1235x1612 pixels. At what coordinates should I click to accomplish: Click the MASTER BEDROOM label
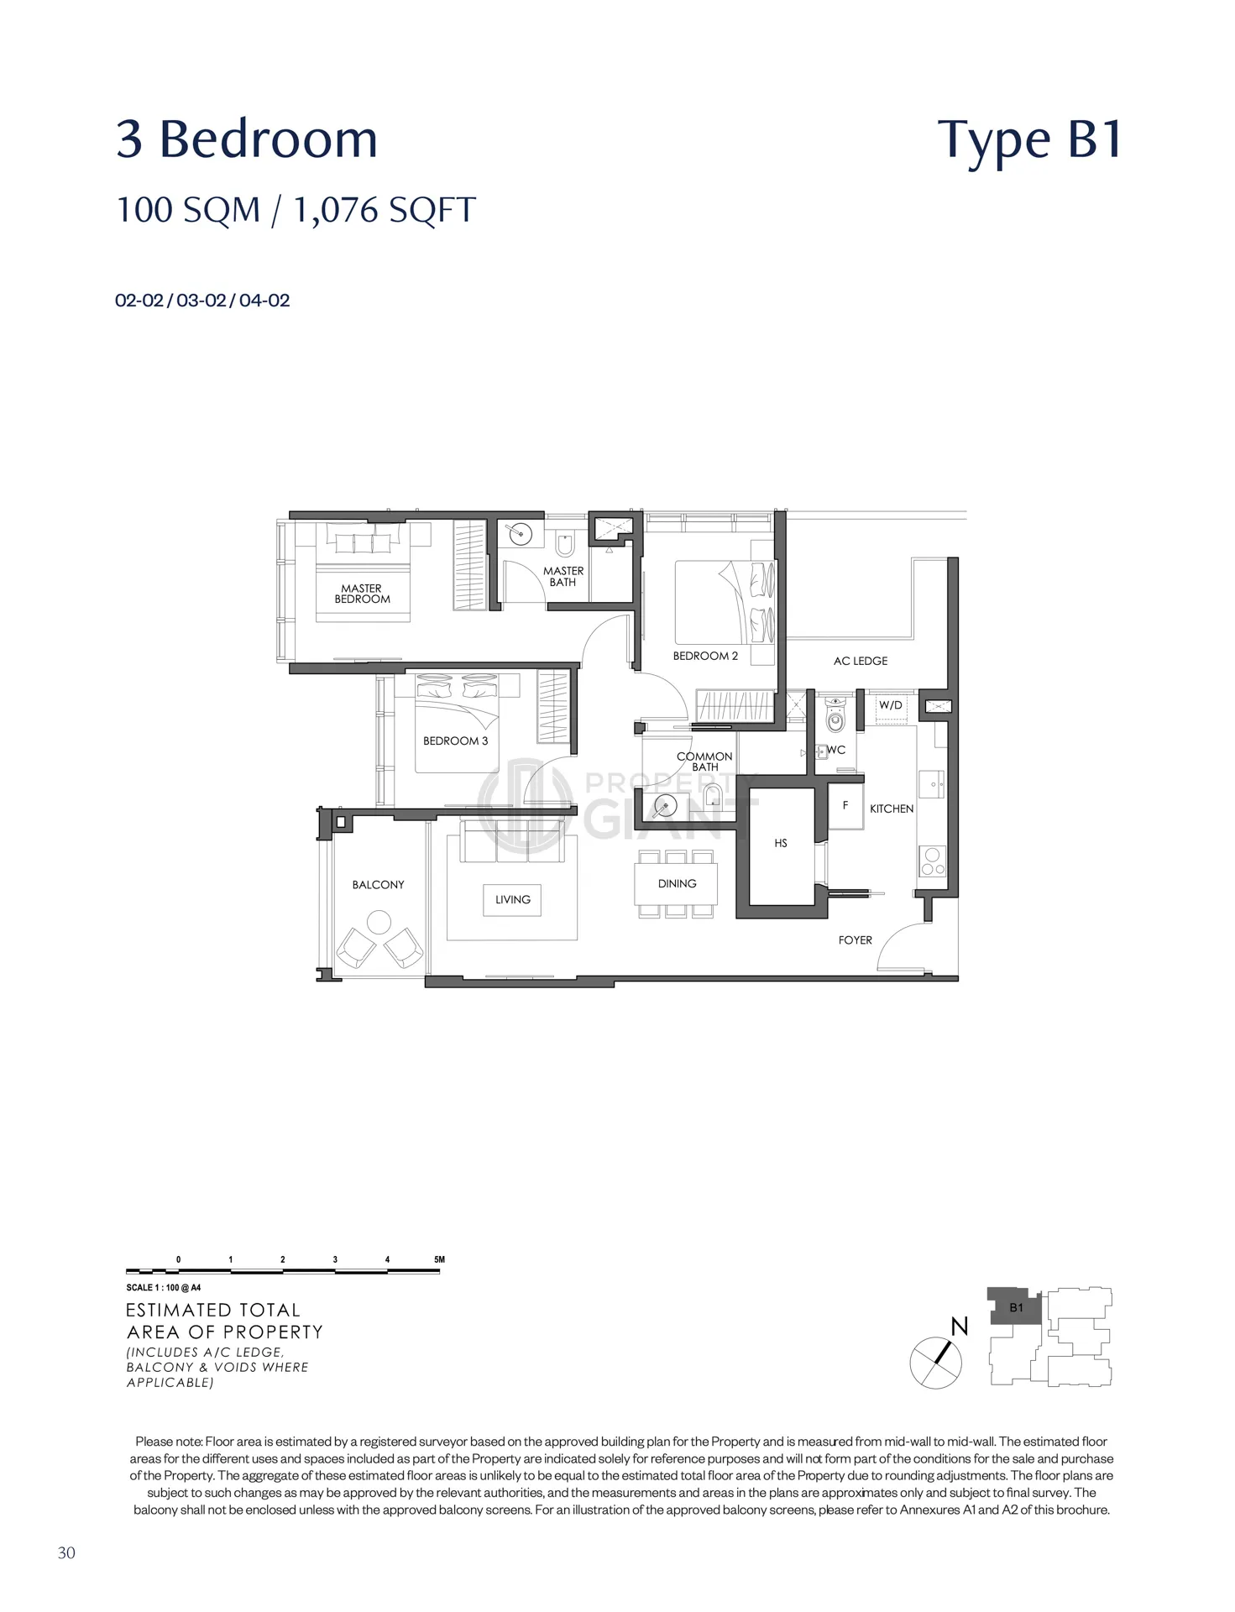pos(362,594)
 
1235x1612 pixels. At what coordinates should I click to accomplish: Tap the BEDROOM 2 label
pos(705,656)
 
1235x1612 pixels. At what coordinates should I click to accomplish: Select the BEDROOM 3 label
pos(455,741)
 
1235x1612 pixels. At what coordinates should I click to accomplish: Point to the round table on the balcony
pos(379,923)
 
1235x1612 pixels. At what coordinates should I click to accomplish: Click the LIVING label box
pos(513,899)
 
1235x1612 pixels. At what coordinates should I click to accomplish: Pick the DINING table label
pos(678,883)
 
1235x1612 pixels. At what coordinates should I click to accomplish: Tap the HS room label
pos(781,843)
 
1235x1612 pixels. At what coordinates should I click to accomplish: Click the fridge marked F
pos(845,806)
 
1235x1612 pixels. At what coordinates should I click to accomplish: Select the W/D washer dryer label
pos(891,705)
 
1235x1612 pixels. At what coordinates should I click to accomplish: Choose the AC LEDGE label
pos(861,661)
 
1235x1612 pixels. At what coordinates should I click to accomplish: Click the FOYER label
pos(856,940)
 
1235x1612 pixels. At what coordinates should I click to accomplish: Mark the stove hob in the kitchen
pos(933,861)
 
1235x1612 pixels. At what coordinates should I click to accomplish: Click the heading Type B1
pos(1030,140)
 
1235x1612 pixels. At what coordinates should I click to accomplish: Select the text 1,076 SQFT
pos(385,210)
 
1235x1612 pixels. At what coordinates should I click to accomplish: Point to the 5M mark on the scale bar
pos(439,1259)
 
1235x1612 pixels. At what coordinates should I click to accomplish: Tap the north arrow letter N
pos(960,1327)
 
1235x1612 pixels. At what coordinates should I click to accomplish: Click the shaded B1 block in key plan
pos(1015,1306)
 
